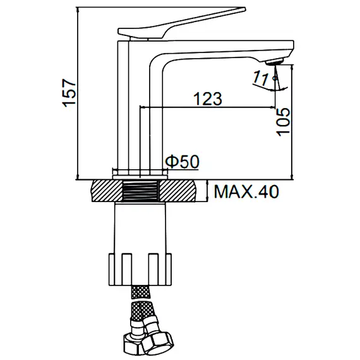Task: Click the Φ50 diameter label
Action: click(183, 162)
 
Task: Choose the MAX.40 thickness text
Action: click(246, 191)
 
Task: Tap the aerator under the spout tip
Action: click(273, 63)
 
